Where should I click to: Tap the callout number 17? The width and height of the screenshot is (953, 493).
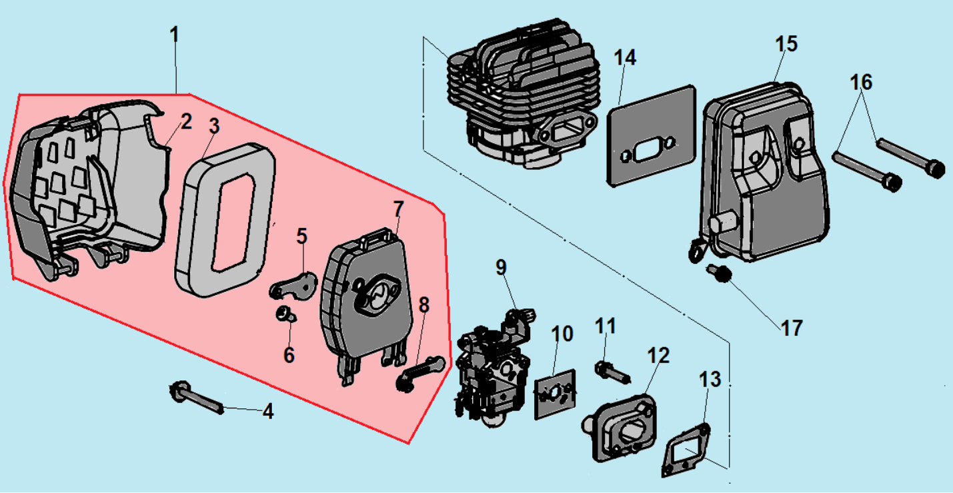792,328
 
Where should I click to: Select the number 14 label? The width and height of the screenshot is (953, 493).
625,58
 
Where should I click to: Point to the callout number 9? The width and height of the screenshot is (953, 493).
501,268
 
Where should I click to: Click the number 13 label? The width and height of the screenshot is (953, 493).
710,380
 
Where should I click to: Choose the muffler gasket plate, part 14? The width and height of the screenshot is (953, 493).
650,137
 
